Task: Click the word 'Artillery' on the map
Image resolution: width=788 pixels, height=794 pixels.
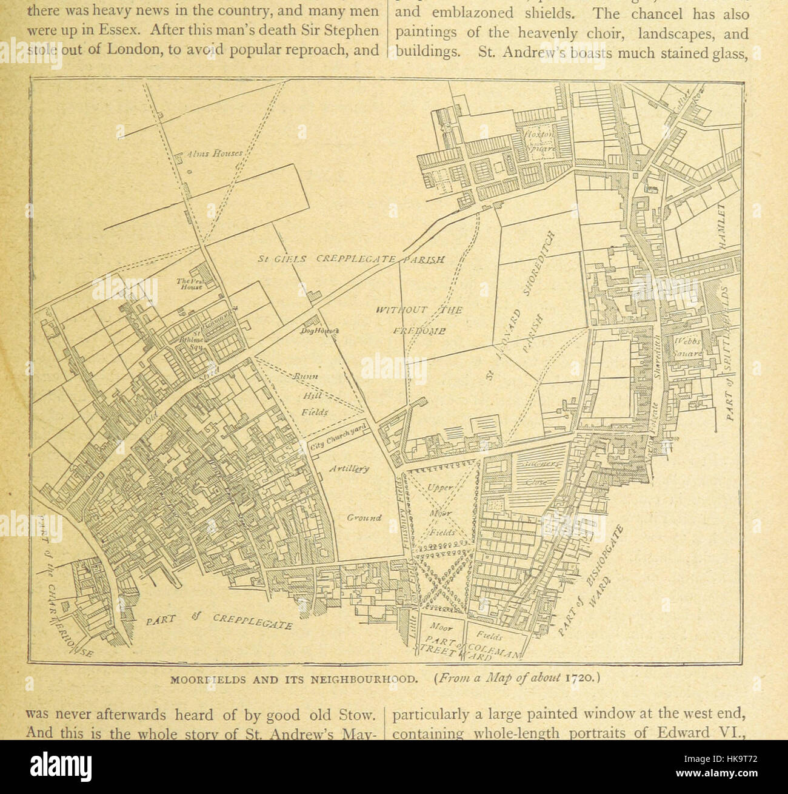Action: (x=349, y=469)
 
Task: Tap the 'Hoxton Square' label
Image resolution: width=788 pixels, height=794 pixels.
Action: (x=541, y=141)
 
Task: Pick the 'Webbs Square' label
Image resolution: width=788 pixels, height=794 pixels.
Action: (x=687, y=347)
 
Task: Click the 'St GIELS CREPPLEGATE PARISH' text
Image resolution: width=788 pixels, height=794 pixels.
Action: (x=352, y=259)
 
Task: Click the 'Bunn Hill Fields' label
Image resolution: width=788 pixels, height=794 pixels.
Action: (x=313, y=394)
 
